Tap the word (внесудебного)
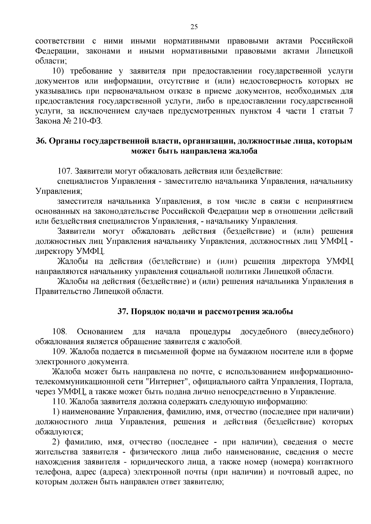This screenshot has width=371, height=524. (x=325, y=332)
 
